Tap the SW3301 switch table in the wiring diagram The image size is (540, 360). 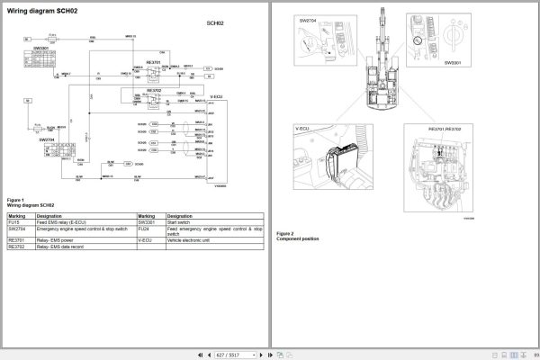tap(40, 60)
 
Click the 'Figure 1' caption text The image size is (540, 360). tap(15, 199)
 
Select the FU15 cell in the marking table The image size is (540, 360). tap(15, 222)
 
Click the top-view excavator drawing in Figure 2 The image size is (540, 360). tap(379, 72)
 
